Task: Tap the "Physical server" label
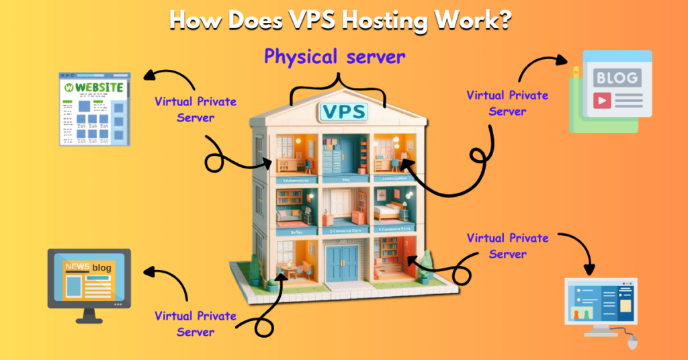pos(335,57)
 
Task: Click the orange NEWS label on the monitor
pos(77,267)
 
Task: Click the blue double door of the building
pos(343,263)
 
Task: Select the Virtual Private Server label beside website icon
pos(196,109)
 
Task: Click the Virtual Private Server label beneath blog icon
pos(507,103)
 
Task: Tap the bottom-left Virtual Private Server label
pos(196,323)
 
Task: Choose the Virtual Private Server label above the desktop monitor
pos(507,245)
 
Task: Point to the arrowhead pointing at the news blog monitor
pos(150,273)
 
